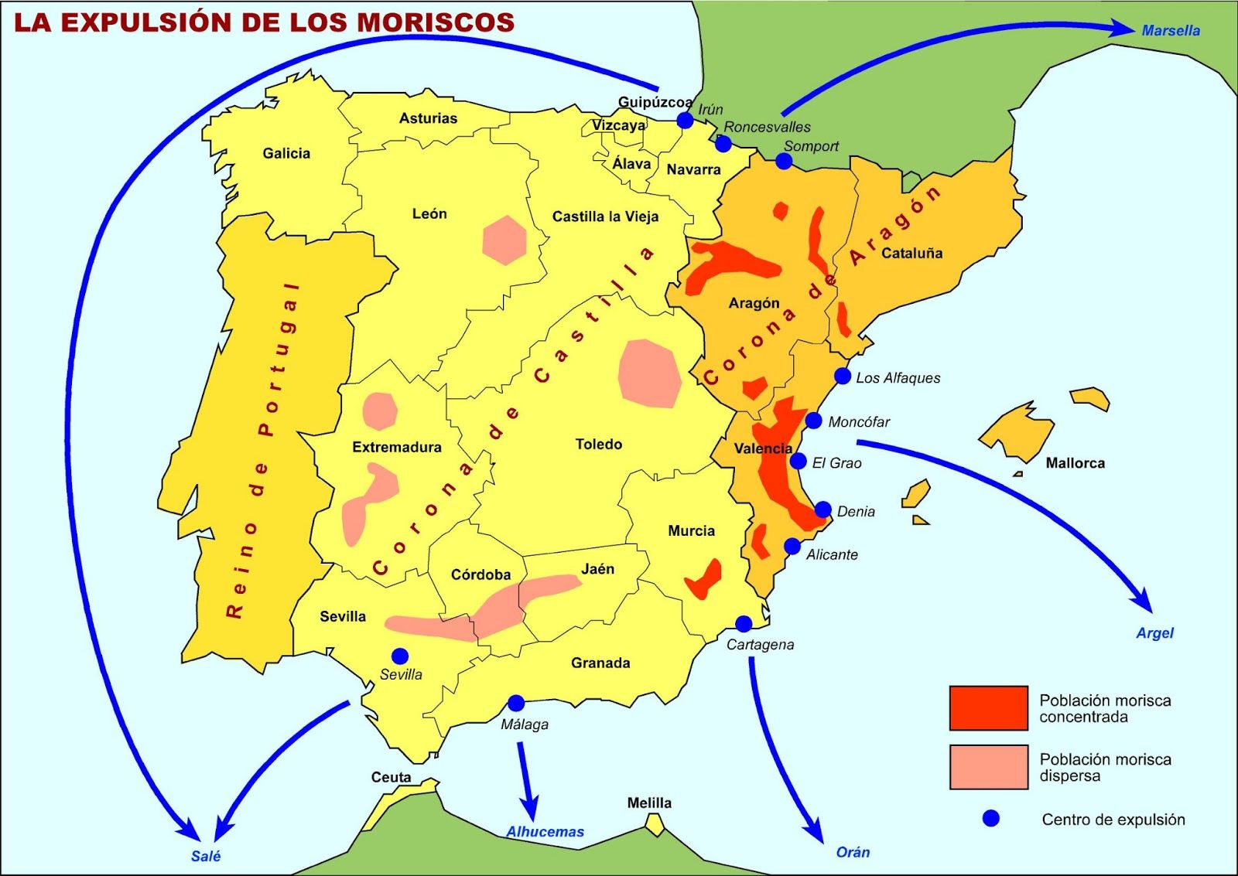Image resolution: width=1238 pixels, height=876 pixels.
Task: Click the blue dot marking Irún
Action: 685,120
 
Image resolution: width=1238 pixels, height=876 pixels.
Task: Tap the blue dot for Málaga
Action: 516,703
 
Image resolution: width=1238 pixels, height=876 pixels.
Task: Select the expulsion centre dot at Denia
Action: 823,510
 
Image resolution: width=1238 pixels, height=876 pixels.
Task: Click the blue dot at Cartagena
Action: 744,623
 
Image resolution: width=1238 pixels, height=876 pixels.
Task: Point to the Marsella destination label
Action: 1171,31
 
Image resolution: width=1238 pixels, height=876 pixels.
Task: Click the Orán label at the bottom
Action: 853,852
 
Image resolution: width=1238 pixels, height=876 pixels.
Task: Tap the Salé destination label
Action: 206,856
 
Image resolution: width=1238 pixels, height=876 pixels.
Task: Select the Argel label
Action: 1154,632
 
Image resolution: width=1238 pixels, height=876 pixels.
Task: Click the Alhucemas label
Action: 545,832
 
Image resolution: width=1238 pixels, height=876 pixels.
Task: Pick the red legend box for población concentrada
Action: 989,707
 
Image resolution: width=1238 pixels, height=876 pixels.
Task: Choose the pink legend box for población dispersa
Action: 989,767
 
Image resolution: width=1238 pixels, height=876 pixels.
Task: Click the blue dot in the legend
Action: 990,819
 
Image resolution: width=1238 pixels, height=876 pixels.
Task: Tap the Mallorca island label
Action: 1075,463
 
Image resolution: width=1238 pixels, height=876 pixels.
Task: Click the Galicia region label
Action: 286,153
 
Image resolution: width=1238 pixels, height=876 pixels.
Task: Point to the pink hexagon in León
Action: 504,240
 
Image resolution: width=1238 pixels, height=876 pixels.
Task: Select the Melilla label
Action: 649,803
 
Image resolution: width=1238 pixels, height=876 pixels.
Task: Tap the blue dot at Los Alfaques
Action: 843,376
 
